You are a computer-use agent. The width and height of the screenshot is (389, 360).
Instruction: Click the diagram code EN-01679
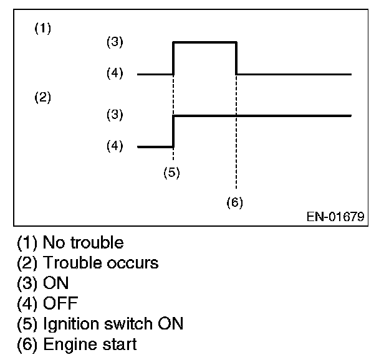click(335, 217)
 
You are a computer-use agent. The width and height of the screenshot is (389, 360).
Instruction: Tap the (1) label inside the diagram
click(42, 29)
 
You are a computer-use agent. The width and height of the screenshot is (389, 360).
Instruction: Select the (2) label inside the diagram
click(42, 98)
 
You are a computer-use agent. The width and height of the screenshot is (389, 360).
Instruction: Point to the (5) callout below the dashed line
click(171, 173)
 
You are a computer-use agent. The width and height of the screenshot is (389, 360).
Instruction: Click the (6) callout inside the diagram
click(234, 202)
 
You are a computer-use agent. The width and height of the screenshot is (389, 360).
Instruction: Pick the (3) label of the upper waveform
click(115, 42)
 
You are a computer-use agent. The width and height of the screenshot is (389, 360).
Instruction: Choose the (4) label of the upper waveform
click(115, 73)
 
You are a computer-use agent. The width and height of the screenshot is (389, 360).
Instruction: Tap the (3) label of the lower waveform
click(115, 115)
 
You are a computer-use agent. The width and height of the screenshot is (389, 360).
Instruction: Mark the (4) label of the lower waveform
click(115, 147)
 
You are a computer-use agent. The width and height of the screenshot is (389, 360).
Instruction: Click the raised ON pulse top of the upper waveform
click(204, 42)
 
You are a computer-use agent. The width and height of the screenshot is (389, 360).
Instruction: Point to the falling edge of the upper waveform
click(236, 58)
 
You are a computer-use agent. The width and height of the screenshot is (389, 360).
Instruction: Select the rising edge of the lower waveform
click(173, 131)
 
